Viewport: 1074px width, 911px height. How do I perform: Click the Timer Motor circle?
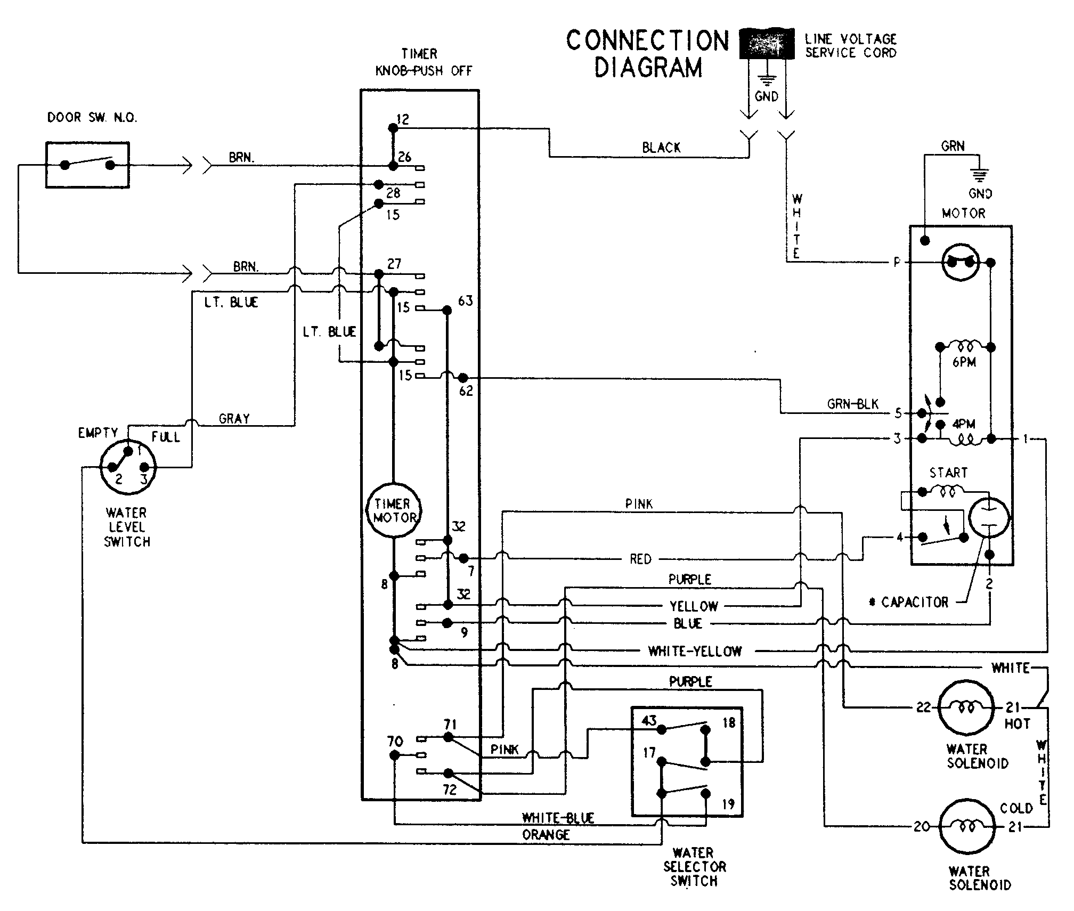point(393,510)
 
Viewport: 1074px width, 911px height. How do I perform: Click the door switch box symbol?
point(87,165)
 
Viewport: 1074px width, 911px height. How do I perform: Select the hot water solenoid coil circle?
point(965,707)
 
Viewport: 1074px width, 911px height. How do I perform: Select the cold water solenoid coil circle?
point(965,826)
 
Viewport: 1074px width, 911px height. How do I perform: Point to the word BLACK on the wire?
point(661,148)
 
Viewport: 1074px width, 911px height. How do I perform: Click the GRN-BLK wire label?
point(853,404)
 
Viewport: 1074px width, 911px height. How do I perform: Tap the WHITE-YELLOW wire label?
point(695,651)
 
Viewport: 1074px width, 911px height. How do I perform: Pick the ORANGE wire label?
point(546,835)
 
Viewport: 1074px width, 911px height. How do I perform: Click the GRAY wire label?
point(234,419)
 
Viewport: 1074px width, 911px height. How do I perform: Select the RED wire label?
point(640,559)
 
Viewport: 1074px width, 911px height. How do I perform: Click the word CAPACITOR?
point(915,603)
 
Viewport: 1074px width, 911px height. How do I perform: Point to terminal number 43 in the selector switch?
point(649,721)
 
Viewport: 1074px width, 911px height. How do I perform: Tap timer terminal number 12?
point(403,119)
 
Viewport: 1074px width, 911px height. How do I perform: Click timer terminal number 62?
point(466,391)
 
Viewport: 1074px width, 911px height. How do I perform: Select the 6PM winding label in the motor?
point(964,362)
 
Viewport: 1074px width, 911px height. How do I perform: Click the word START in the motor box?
point(948,473)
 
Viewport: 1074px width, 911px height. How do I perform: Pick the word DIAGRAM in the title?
point(648,68)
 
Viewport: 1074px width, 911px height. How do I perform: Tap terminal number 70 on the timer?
point(395,741)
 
